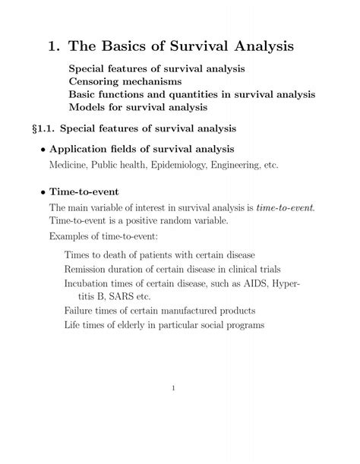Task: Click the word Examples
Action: tap(72, 238)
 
